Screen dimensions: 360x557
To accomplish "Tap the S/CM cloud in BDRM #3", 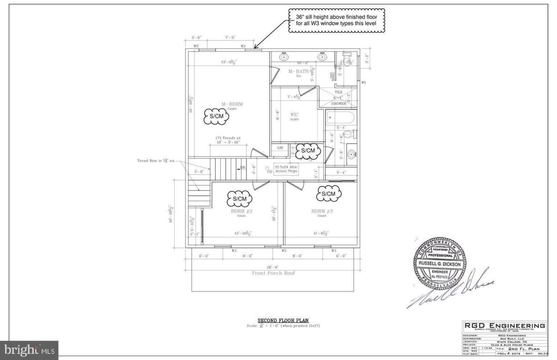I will click(x=328, y=194).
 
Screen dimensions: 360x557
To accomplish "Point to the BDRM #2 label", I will click(x=242, y=211).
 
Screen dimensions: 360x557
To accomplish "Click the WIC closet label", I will click(x=294, y=114).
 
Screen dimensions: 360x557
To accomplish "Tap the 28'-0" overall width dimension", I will click(x=272, y=267).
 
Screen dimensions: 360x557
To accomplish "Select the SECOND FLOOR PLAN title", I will click(x=283, y=320).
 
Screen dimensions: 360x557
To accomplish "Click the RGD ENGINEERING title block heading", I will click(x=504, y=326).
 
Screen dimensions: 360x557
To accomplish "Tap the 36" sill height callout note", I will click(x=337, y=20).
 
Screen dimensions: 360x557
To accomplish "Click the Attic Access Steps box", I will click(x=286, y=169).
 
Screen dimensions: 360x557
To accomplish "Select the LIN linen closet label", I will click(x=280, y=148).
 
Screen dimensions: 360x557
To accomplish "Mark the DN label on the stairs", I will click(x=243, y=168).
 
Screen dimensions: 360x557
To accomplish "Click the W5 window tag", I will click(x=363, y=83).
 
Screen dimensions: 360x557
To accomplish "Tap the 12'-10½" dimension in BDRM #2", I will click(x=243, y=234).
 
